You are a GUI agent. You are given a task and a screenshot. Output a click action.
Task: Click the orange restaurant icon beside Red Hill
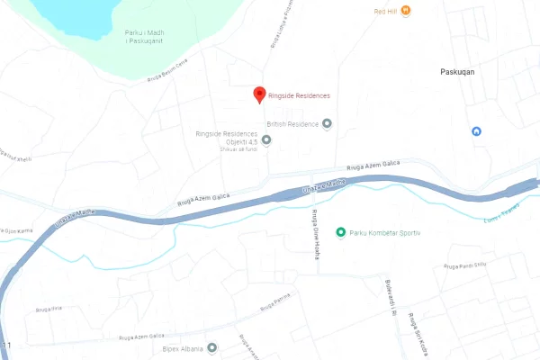[x=406, y=11]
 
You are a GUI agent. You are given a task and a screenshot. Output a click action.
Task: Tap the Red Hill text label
[x=386, y=11]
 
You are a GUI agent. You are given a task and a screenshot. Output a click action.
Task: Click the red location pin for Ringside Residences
[x=260, y=94]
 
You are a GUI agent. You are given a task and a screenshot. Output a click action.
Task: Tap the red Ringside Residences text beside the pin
[x=299, y=95]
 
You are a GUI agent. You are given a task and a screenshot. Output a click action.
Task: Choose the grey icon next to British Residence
[x=328, y=123]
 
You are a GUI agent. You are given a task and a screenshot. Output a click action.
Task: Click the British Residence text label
[x=292, y=123]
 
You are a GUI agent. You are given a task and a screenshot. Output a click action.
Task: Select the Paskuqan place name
[x=457, y=71]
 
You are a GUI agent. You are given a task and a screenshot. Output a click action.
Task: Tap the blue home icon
[x=477, y=131]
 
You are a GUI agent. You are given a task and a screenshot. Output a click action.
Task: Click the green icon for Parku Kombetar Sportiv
[x=340, y=232]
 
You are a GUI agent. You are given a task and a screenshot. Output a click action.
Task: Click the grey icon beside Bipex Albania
[x=212, y=347]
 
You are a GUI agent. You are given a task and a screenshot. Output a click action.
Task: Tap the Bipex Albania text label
[x=183, y=347]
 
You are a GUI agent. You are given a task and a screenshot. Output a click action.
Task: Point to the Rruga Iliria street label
[x=49, y=309]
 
